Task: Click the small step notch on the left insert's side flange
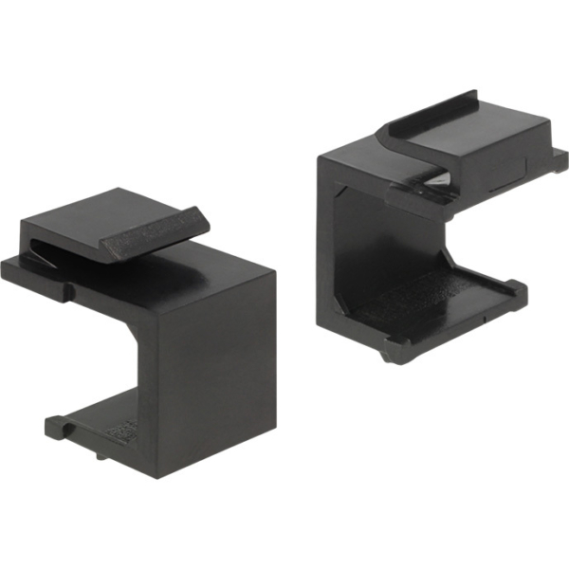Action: click(x=68, y=286)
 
